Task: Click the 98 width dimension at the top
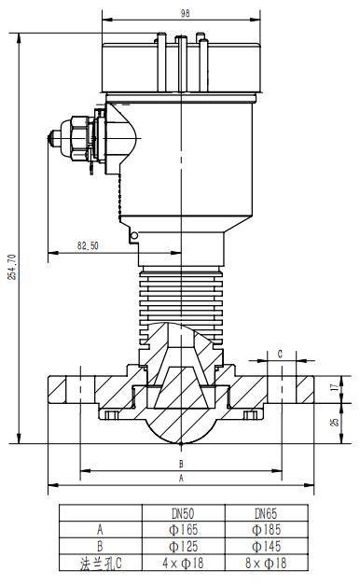coord(185,13)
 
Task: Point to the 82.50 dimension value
coord(88,245)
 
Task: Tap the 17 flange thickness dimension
coord(337,387)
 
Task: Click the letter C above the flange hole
coord(281,354)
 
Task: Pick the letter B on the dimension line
coord(181,464)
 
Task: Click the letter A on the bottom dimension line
coord(181,478)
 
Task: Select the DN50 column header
coord(183,513)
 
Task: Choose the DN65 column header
coord(266,513)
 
